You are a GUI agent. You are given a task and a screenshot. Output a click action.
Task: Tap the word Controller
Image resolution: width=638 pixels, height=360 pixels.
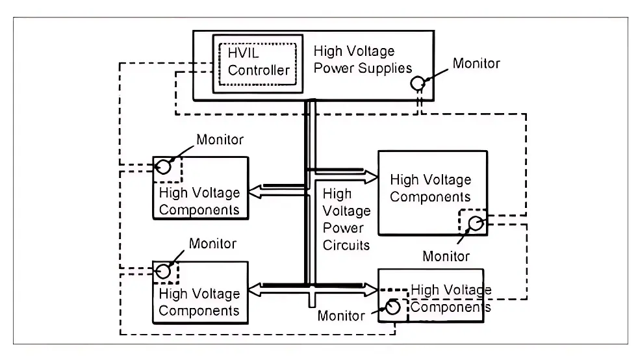[x=258, y=70]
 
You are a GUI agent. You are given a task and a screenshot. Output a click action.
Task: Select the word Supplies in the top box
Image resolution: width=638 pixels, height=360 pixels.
[x=387, y=68]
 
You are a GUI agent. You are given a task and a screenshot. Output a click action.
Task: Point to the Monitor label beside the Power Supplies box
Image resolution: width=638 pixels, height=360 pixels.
[x=476, y=64]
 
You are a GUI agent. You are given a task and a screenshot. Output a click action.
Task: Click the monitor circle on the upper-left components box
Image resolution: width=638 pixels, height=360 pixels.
[x=164, y=167]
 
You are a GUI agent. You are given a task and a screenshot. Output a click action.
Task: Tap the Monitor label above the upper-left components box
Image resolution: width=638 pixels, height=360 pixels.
[x=220, y=140]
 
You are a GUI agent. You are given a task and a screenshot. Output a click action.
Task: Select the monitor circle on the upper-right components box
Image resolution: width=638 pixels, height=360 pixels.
[x=476, y=224]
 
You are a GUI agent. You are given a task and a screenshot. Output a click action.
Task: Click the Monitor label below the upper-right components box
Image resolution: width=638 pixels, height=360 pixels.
[x=446, y=256]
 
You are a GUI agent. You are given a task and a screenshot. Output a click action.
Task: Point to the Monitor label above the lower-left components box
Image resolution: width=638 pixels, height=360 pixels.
[x=212, y=244]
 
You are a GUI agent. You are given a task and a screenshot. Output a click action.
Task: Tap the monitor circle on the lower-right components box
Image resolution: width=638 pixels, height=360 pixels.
[x=392, y=307]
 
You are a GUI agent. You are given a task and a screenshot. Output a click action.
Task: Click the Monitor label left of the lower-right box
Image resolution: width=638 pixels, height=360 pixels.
[x=341, y=316]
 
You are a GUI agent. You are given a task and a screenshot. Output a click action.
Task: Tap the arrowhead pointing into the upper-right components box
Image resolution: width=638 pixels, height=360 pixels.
[x=371, y=175]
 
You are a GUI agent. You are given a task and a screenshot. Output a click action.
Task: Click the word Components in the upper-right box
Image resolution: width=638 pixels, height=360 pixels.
[x=430, y=196]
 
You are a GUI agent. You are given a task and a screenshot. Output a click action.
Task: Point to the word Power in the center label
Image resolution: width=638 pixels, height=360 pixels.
[x=342, y=228]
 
